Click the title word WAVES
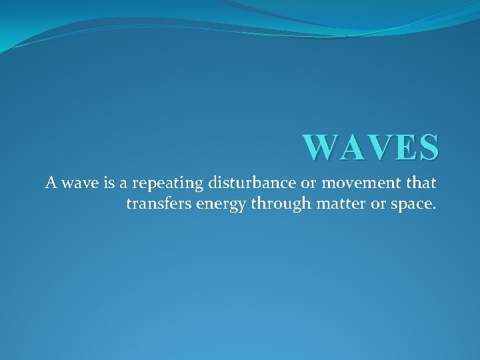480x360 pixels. (371, 147)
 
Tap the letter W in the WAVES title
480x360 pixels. (319, 147)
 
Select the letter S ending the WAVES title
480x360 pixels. (427, 147)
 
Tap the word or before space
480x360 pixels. (379, 204)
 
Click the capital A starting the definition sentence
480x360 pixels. (51, 182)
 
